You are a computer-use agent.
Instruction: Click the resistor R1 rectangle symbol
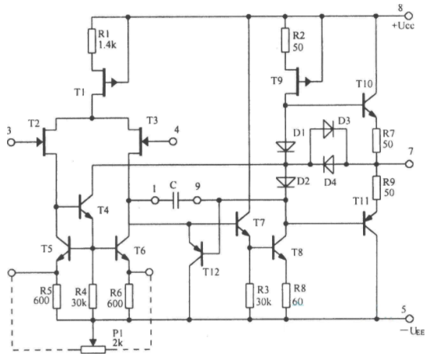(92, 40)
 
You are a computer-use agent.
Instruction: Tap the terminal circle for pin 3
(11, 142)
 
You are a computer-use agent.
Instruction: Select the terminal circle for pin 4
(173, 142)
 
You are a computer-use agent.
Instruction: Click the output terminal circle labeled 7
(410, 164)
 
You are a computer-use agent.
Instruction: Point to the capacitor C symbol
(176, 201)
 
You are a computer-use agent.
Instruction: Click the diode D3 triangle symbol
(328, 129)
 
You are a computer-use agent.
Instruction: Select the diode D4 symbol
(328, 164)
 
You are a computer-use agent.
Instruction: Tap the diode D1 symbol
(285, 146)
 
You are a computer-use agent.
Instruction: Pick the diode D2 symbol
(285, 183)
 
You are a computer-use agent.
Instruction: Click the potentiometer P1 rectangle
(93, 350)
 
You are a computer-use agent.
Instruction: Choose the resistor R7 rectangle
(376, 141)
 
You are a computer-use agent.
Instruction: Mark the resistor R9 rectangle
(376, 188)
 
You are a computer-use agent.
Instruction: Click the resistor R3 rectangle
(250, 295)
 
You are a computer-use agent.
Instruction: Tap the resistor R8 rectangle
(286, 295)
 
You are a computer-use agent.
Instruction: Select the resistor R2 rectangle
(285, 40)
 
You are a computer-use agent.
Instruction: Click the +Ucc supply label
(403, 26)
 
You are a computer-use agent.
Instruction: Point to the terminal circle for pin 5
(410, 319)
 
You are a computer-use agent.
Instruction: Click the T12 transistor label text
(211, 272)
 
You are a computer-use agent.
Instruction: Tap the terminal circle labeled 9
(197, 200)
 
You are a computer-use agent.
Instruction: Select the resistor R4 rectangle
(93, 296)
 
